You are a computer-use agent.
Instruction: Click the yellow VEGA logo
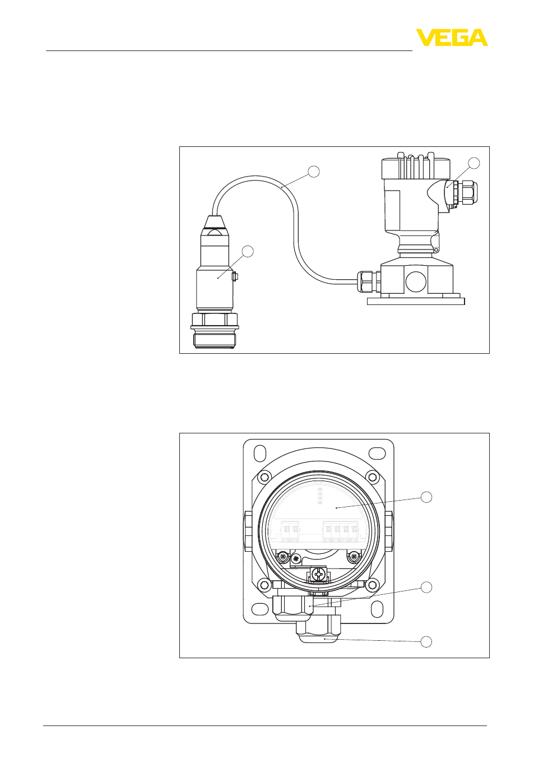[x=452, y=38]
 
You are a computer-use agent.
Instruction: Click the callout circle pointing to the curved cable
[x=314, y=171]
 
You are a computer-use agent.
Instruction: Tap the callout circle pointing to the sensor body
[x=248, y=251]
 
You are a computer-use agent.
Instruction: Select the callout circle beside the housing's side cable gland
[x=474, y=163]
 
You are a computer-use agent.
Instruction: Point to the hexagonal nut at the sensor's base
[x=215, y=319]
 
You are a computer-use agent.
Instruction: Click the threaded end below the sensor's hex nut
[x=214, y=339]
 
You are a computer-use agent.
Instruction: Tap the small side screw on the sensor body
[x=235, y=277]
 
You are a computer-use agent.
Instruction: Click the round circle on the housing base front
[x=417, y=282]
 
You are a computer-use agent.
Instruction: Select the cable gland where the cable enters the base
[x=369, y=281]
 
